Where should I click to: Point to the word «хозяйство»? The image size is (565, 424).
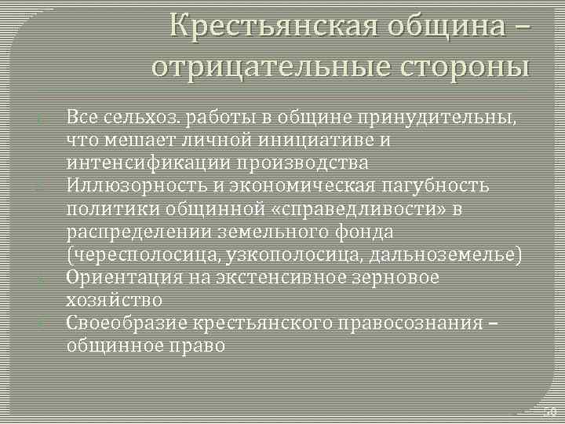(115, 300)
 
